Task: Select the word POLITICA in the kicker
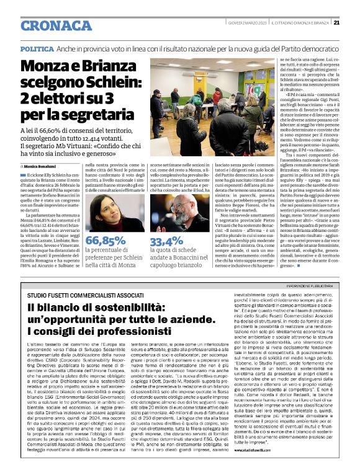(37, 48)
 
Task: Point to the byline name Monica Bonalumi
(42, 166)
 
